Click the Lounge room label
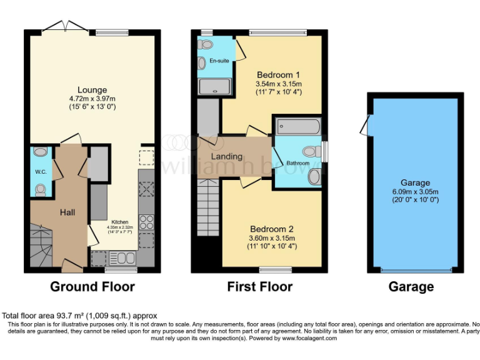coord(92,89)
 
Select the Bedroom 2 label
coord(271,229)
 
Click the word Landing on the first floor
coord(226,156)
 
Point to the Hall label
coord(67,213)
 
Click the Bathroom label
coord(297,163)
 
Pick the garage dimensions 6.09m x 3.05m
coord(415,191)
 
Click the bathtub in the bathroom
coord(299,127)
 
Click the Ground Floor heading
coord(92,287)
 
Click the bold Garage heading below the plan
coord(411,287)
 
